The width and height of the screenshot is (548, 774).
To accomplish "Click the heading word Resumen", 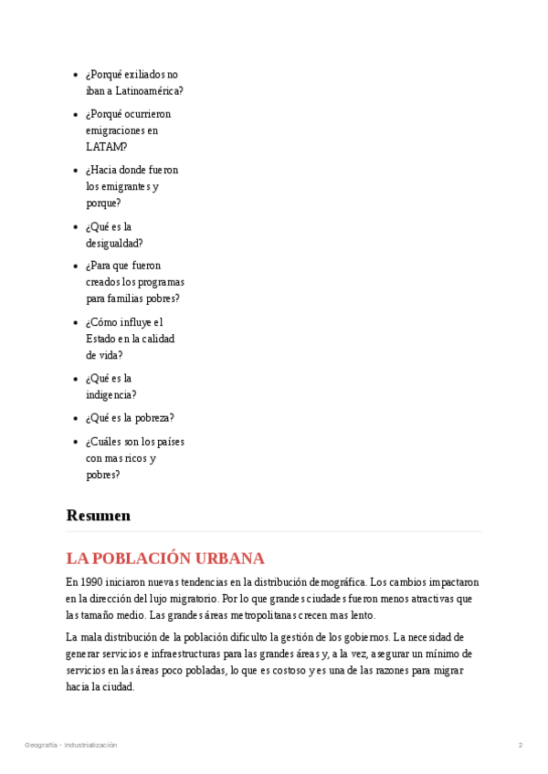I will point(98,516).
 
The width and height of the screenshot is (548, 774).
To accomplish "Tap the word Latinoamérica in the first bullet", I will point(149,90).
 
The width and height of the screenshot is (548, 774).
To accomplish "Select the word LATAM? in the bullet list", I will point(106,147).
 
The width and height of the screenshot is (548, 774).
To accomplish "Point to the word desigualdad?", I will point(114,244).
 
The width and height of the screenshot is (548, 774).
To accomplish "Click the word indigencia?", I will point(111,395).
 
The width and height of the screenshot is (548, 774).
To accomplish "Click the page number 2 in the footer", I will point(521,746).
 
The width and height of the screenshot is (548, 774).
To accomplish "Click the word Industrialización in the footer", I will point(90,746).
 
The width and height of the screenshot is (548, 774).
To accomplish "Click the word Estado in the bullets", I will point(100,339).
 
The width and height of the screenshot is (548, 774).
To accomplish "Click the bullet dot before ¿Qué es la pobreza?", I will point(75,419).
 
